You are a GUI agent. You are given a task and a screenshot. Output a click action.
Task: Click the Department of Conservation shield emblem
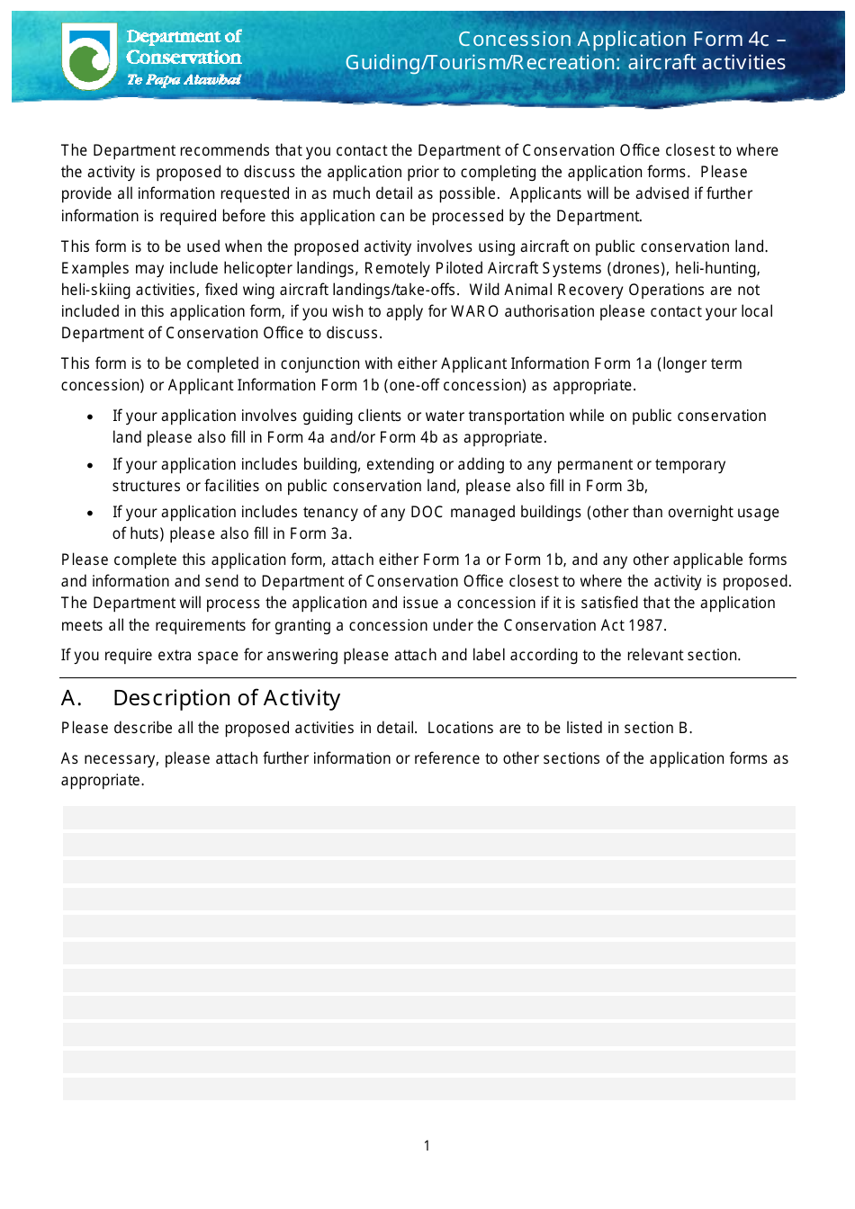point(89,56)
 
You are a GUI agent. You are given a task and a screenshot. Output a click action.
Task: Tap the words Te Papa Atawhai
point(184,80)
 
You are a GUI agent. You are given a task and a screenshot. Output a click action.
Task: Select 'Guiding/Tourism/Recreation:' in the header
point(483,62)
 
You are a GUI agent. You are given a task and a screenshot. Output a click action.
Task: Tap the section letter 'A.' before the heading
point(72,698)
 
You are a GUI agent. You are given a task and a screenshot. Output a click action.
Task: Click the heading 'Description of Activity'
point(227,698)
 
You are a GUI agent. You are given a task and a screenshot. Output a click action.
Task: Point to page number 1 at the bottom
point(427,1145)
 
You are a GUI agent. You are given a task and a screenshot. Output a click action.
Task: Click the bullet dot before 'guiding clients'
point(90,416)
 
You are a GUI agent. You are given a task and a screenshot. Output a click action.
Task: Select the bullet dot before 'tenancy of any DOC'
point(90,513)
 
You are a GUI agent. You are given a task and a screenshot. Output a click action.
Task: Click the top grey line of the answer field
point(428,817)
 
